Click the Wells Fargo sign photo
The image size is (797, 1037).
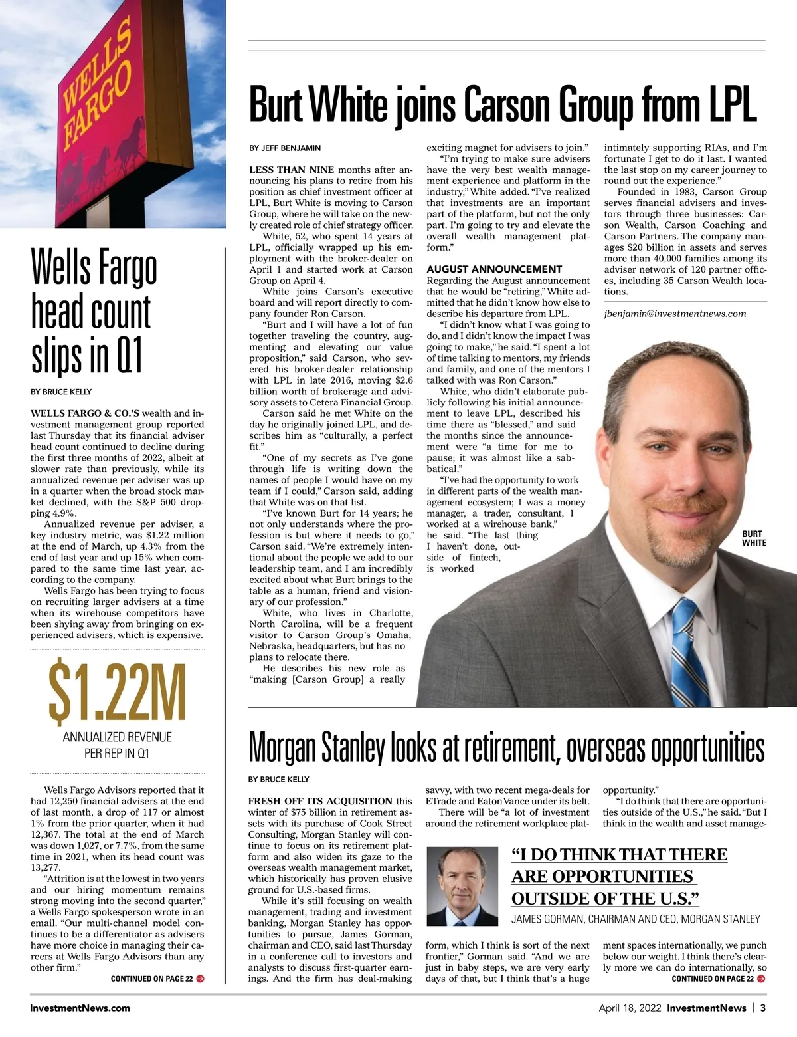coord(113,113)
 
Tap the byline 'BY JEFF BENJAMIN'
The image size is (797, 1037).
coord(285,148)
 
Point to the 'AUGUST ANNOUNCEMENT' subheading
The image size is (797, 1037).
coord(494,269)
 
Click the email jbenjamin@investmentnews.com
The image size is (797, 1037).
coord(675,314)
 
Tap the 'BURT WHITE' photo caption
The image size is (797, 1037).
coord(753,538)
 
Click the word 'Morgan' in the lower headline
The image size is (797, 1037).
coord(283,749)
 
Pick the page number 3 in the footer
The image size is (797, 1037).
coord(763,1008)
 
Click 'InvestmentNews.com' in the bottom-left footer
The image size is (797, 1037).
coord(80,1008)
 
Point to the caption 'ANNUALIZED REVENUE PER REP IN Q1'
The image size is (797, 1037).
coord(117,745)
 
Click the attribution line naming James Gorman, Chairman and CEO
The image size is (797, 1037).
coord(636,919)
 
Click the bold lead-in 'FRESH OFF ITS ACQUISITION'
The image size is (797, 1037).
coord(320,801)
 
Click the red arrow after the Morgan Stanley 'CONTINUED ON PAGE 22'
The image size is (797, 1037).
coord(761,979)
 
